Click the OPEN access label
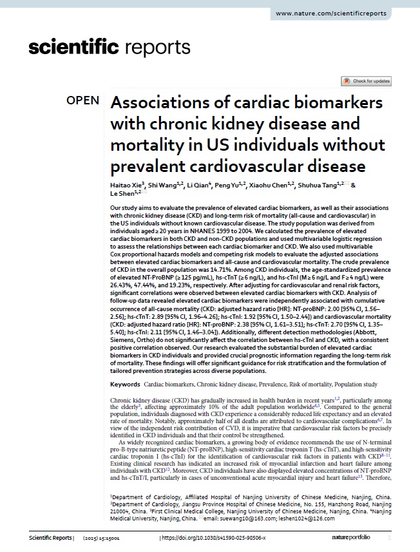pos(83,100)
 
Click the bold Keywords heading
pos(125,384)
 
